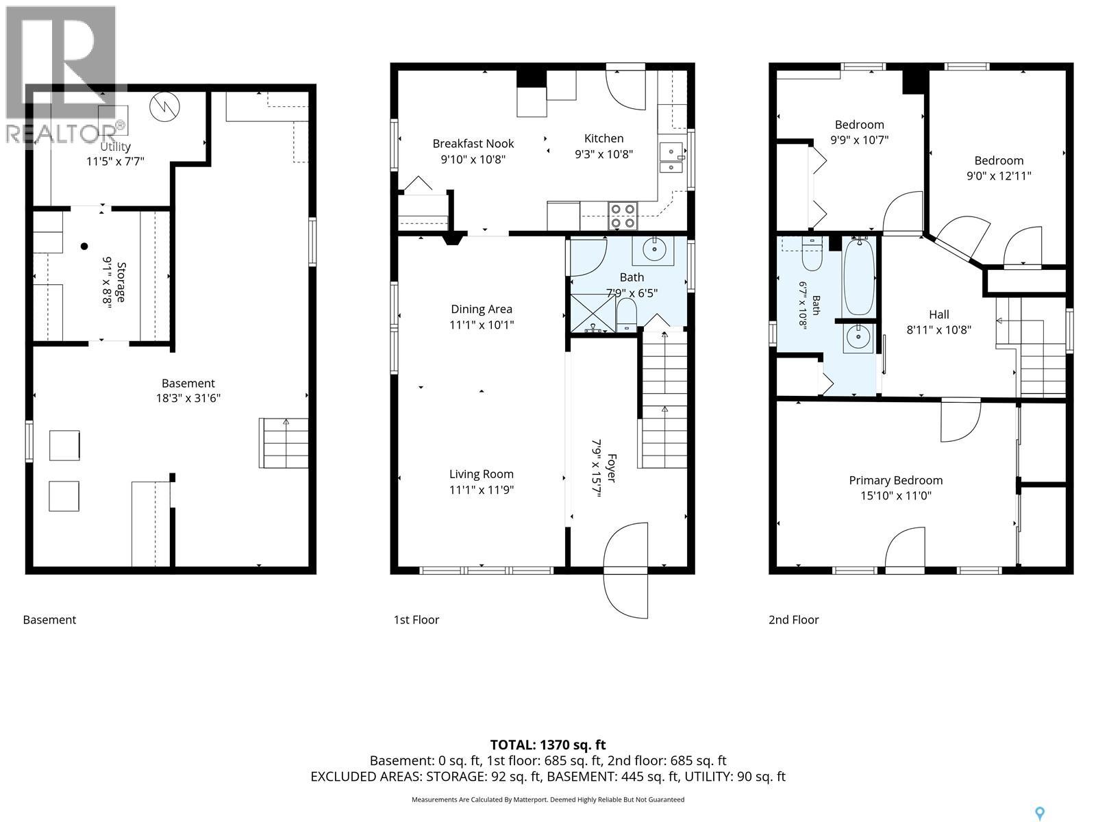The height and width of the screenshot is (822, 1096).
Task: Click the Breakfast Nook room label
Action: click(x=473, y=144)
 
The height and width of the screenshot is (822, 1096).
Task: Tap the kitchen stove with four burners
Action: click(x=623, y=216)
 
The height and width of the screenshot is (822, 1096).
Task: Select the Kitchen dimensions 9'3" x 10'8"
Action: click(x=603, y=154)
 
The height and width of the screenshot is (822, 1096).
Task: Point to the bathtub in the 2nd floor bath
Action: click(x=859, y=276)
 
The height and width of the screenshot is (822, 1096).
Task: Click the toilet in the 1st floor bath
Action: click(x=626, y=314)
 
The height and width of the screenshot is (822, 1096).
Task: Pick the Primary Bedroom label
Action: click(x=896, y=480)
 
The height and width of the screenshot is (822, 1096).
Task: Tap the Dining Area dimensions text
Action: click(x=482, y=325)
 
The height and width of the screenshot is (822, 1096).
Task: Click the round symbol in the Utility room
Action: click(x=165, y=107)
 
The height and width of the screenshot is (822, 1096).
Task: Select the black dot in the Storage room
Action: click(x=84, y=246)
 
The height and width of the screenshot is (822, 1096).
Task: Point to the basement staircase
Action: click(x=284, y=443)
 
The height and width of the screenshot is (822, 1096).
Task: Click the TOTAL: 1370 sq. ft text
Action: click(x=548, y=745)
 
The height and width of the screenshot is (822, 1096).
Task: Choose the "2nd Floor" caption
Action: click(x=793, y=620)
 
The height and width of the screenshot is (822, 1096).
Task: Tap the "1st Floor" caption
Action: click(x=416, y=620)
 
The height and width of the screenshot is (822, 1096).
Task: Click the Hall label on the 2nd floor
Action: click(x=938, y=314)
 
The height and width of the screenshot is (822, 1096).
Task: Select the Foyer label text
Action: click(x=611, y=468)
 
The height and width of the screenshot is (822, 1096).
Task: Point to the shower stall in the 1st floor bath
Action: click(x=593, y=313)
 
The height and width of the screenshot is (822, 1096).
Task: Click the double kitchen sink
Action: click(x=671, y=158)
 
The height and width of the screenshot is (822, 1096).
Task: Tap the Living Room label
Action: click(x=482, y=474)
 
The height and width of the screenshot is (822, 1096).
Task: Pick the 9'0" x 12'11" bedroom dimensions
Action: click(x=999, y=175)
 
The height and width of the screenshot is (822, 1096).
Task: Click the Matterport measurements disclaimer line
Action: click(x=548, y=799)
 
